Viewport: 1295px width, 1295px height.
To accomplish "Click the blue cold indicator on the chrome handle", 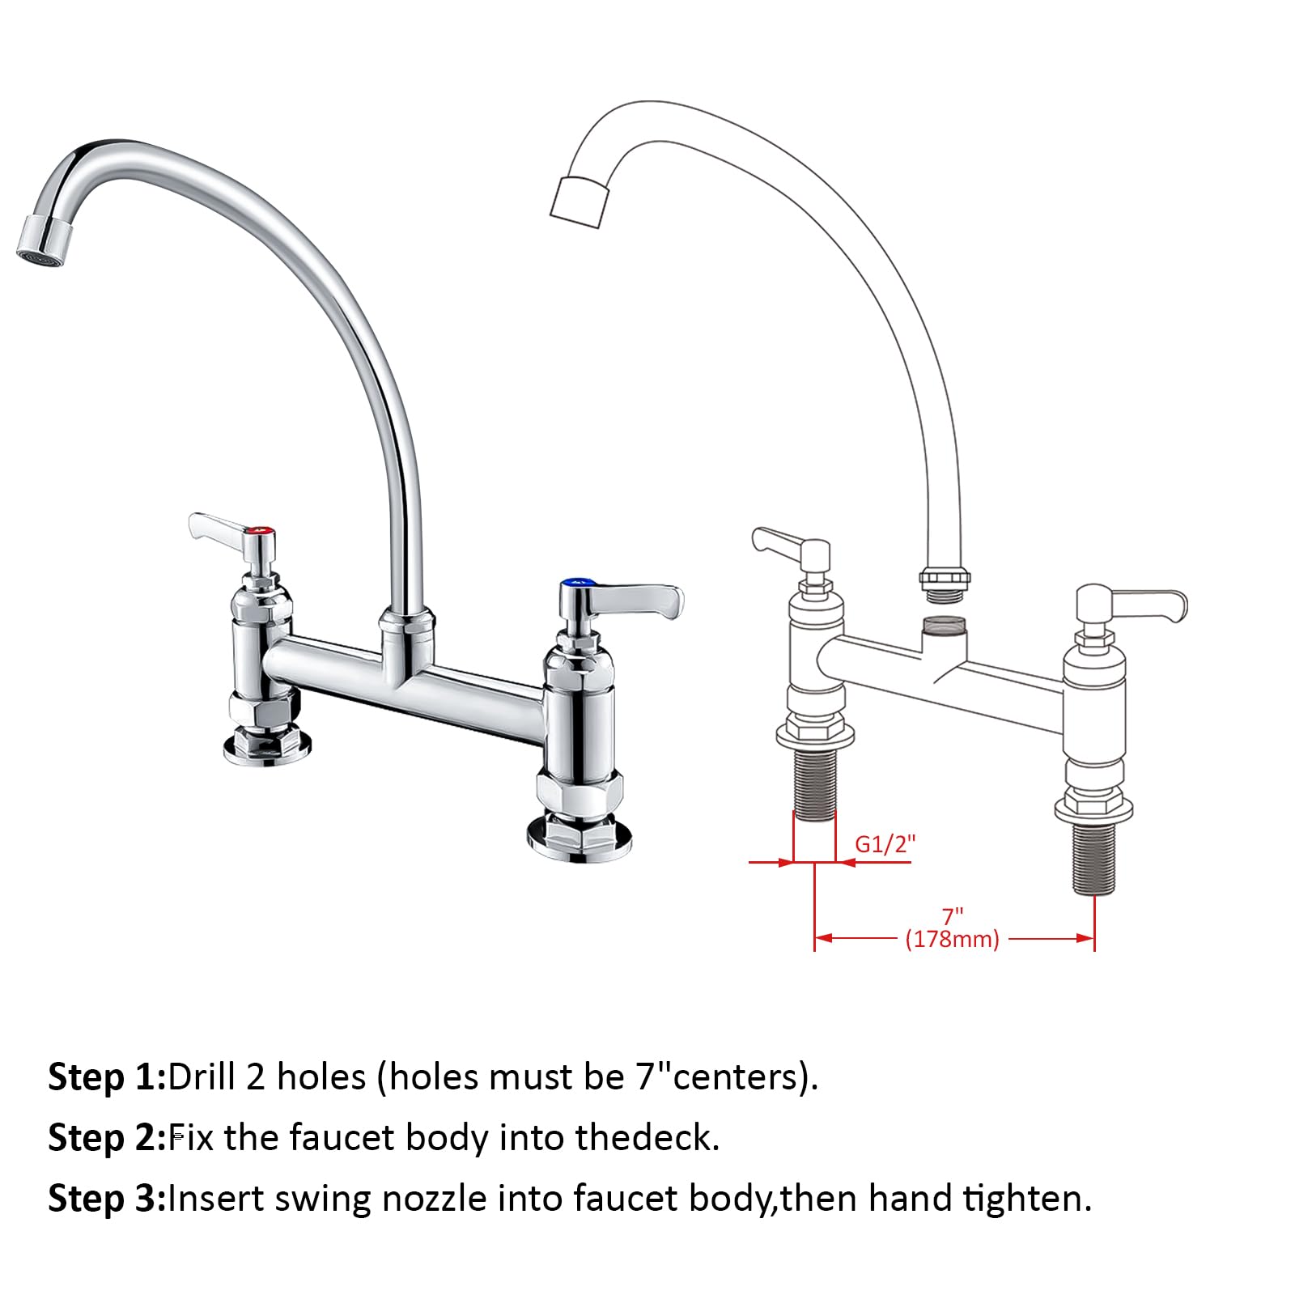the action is [x=576, y=582].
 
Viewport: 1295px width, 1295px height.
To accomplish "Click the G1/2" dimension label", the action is [x=885, y=844].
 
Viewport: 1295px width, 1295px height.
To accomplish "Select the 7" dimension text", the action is [x=953, y=916].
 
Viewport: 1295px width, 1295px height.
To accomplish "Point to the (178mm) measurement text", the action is [x=953, y=939].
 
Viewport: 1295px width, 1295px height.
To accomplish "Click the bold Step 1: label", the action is [x=107, y=1077].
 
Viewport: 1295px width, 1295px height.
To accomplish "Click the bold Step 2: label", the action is [x=107, y=1138].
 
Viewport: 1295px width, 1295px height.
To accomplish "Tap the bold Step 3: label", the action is [x=107, y=1199].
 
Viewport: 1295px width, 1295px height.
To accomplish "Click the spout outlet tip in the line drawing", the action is [x=578, y=199].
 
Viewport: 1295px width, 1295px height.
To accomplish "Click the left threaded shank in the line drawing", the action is [x=814, y=784].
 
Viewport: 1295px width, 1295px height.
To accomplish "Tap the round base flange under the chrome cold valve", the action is [x=579, y=838].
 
